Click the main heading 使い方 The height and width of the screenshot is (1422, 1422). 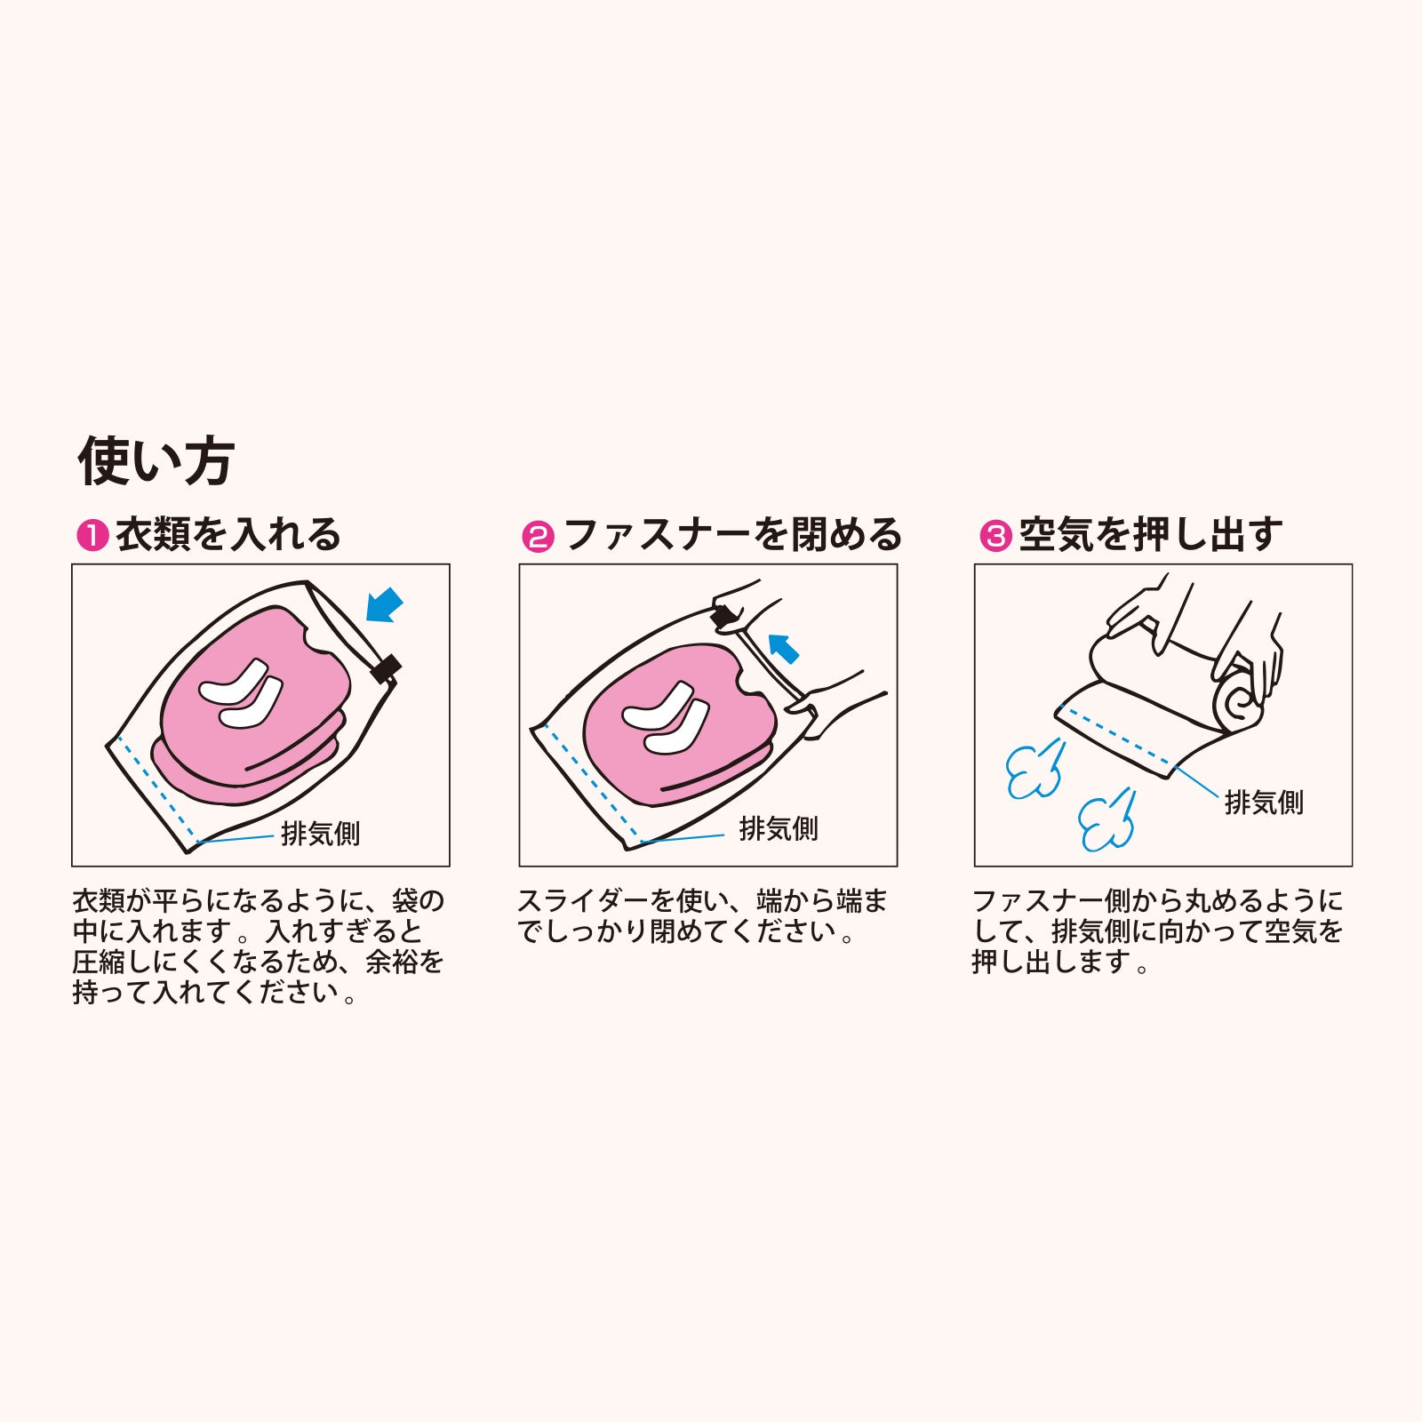156,461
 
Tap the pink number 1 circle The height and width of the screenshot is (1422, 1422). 92,536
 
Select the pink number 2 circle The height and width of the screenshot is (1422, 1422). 538,536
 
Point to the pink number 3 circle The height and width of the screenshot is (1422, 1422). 995,536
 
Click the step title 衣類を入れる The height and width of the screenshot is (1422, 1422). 228,535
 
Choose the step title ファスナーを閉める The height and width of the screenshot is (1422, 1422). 733,535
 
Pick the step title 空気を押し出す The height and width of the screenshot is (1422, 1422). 1151,535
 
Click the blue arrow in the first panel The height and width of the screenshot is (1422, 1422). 384,607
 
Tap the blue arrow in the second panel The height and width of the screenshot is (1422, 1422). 783,648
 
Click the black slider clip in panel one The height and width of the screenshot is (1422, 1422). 386,668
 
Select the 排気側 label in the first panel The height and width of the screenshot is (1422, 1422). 320,834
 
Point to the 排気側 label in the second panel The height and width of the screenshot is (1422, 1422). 779,829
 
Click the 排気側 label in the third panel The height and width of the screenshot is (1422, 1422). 1264,803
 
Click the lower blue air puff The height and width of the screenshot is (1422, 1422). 1107,819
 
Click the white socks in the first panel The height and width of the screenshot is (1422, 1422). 240,692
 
